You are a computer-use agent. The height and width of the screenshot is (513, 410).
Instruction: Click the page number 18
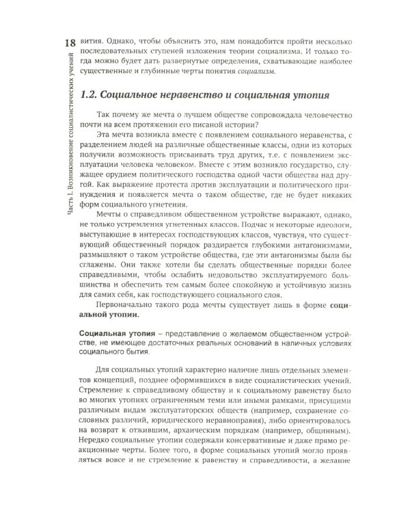coord(67,45)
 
